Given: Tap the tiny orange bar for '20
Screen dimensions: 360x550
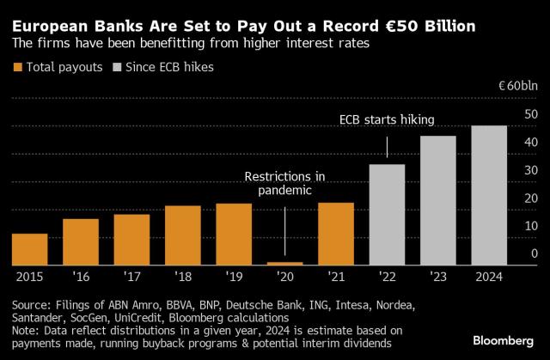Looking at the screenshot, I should (x=284, y=263).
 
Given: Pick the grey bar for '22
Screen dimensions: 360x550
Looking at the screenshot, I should (x=387, y=215).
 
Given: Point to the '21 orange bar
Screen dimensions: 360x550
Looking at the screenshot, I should (x=336, y=234).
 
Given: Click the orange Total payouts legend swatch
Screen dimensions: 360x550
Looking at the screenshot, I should (x=16, y=67).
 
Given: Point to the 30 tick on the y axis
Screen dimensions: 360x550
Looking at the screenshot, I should (x=531, y=170).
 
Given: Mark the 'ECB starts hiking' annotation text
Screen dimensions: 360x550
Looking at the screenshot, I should (x=386, y=121).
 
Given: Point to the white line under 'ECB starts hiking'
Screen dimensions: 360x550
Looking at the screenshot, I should (x=387, y=147).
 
